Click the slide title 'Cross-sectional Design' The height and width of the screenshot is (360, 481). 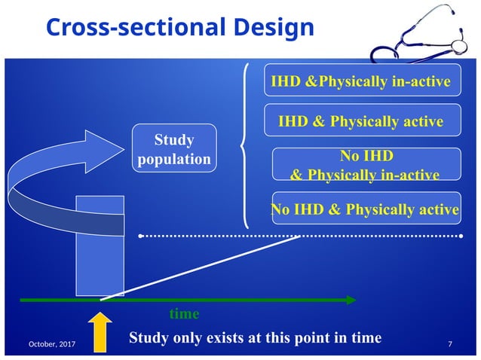click(x=179, y=27)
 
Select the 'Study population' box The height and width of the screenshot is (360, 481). click(x=174, y=149)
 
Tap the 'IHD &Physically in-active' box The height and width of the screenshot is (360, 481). click(x=361, y=81)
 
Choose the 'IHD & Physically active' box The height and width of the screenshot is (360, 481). click(x=361, y=121)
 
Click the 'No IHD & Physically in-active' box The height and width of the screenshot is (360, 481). click(x=365, y=165)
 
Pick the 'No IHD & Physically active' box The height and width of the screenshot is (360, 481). click(x=365, y=209)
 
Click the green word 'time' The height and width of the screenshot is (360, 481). click(x=184, y=313)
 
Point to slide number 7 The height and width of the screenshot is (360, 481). click(x=450, y=344)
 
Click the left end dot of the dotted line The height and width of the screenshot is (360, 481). click(x=141, y=236)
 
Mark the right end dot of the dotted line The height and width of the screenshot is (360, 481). click(x=462, y=236)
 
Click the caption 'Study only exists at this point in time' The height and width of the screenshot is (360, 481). click(x=255, y=337)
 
